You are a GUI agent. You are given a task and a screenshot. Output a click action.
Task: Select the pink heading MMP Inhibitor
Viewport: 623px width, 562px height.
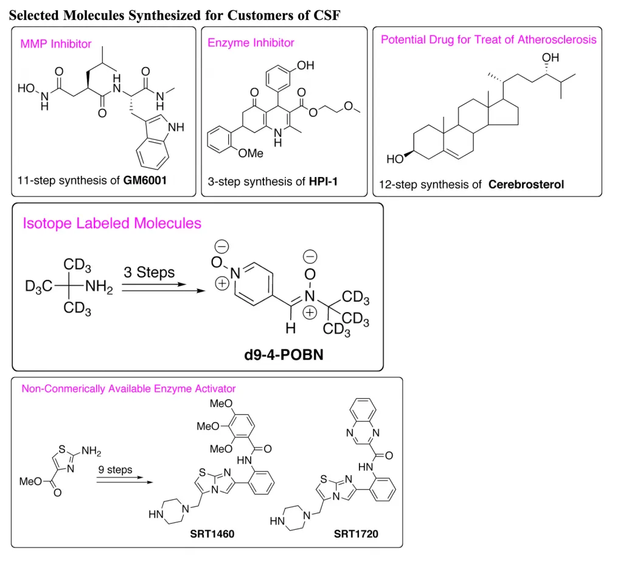56,44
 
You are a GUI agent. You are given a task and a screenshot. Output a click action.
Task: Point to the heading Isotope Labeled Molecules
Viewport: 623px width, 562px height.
112,223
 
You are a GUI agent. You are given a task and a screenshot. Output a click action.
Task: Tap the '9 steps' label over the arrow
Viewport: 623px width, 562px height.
115,470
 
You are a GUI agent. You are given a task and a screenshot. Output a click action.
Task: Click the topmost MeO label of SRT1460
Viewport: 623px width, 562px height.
220,404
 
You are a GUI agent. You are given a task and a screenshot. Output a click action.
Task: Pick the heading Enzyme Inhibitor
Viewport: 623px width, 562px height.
251,43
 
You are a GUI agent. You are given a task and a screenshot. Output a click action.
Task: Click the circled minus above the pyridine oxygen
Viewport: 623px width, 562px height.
222,246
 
